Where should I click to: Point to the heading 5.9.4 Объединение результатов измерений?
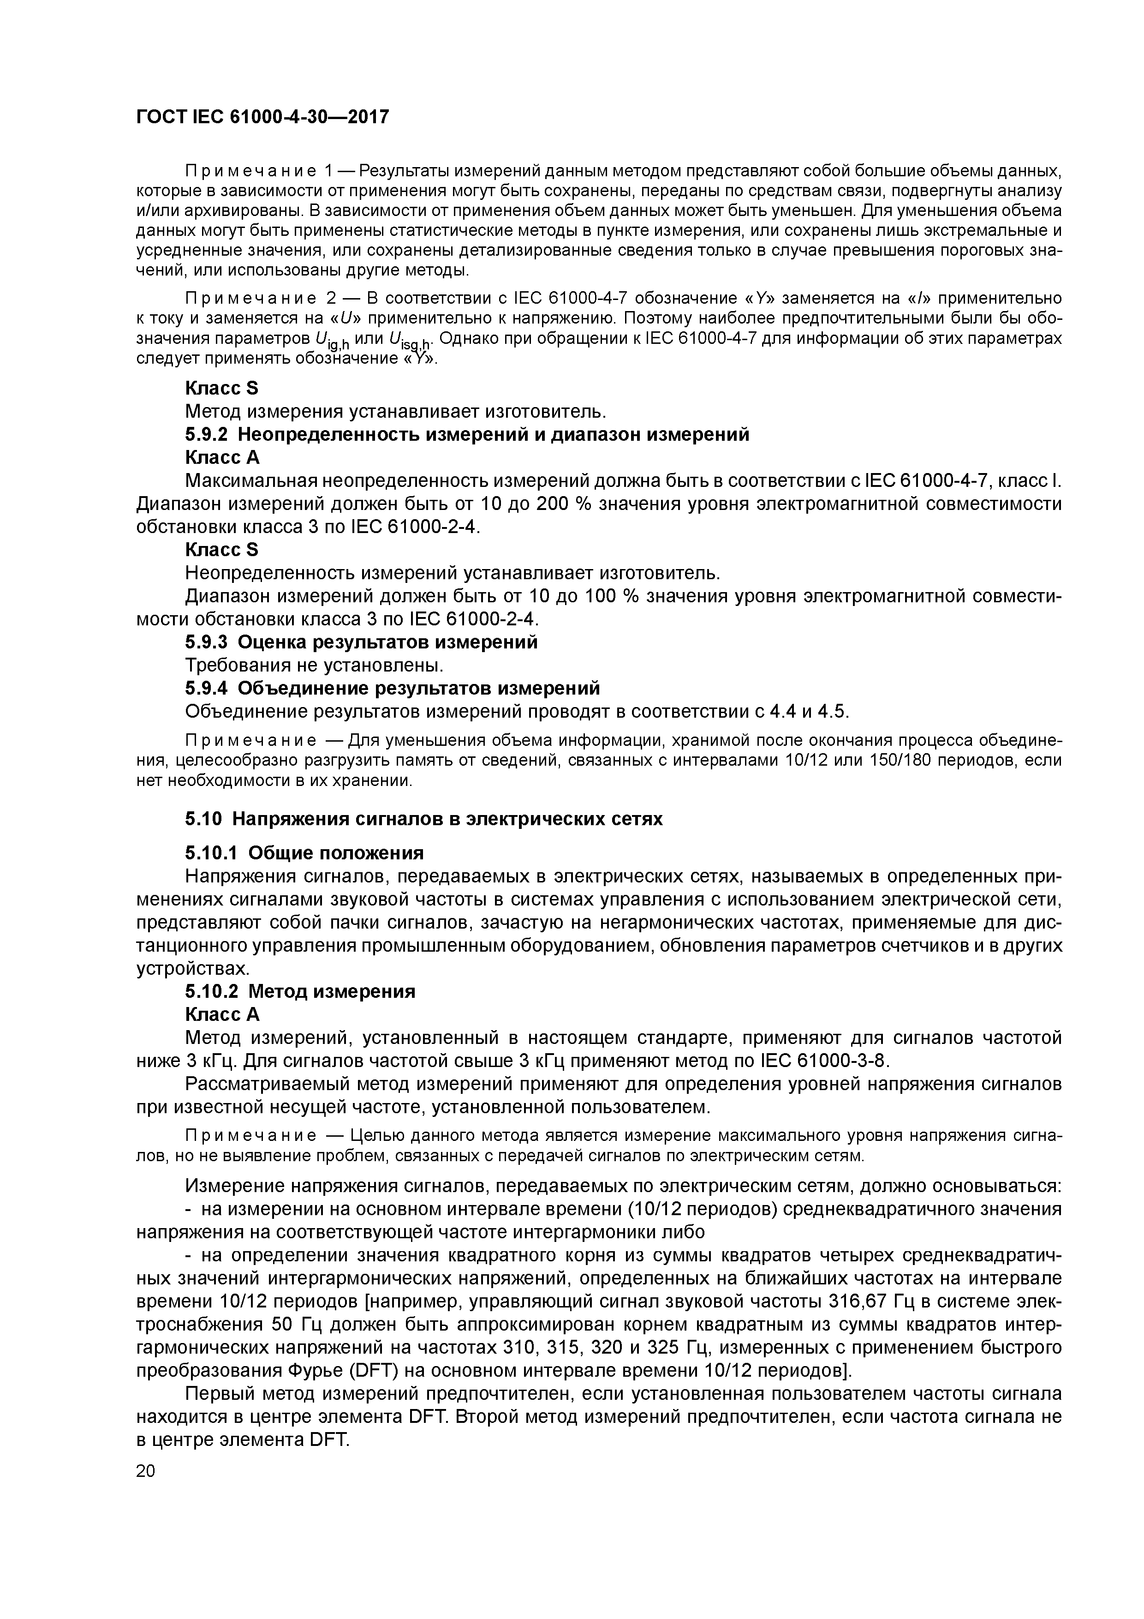392,688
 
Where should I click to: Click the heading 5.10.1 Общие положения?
304,853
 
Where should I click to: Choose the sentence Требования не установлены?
315,665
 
